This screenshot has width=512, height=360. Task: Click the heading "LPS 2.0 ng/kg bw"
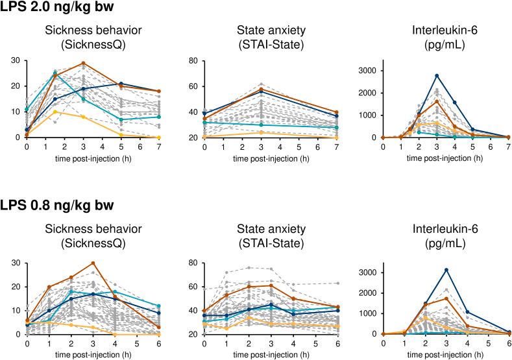coord(56,8)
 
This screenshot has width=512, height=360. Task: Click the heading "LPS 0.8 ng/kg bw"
coord(56,206)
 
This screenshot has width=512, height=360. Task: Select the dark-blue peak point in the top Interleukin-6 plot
coord(437,76)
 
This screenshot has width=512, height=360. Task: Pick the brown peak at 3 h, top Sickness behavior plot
coord(84,64)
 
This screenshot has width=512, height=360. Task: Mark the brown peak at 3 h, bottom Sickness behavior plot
coord(93,263)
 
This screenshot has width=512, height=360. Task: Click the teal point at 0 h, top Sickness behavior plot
coord(27,110)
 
